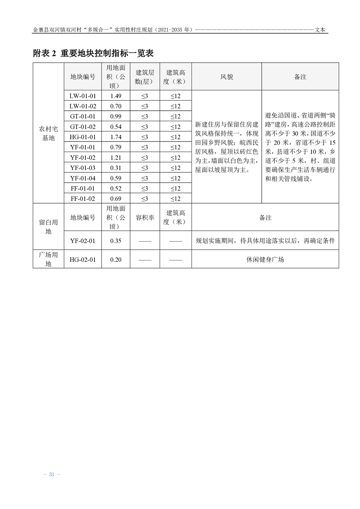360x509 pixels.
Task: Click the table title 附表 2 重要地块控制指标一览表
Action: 93,54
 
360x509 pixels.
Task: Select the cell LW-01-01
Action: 83,96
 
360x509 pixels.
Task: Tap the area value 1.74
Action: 116,137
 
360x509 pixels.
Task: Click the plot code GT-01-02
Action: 83,127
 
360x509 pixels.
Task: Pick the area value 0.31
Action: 116,168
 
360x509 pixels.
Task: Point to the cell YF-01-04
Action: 83,178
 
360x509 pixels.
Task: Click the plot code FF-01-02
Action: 83,199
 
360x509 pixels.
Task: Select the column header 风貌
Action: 227,77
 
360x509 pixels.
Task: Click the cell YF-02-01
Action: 83,241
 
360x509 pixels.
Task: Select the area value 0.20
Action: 116,259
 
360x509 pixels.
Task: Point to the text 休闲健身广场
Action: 265,259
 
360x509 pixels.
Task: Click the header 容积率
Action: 145,218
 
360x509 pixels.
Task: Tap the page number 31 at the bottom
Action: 51,475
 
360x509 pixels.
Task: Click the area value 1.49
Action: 116,96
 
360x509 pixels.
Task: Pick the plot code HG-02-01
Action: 83,259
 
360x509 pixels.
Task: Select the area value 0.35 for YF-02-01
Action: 116,241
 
